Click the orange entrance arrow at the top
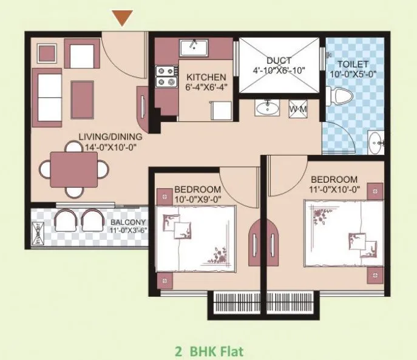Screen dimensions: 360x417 pyautogui.click(x=123, y=18)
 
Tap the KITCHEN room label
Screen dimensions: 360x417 pyautogui.click(x=206, y=78)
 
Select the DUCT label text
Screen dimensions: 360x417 pyautogui.click(x=279, y=61)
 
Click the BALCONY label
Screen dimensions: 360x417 pyautogui.click(x=128, y=222)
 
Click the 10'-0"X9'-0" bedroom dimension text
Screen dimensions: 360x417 pyautogui.click(x=197, y=199)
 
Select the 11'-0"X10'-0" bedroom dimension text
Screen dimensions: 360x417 pyautogui.click(x=334, y=189)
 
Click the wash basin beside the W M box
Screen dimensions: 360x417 pyautogui.click(x=265, y=108)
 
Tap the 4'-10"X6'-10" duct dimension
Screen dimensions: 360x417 pyautogui.click(x=279, y=70)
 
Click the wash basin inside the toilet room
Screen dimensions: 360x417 pyautogui.click(x=376, y=141)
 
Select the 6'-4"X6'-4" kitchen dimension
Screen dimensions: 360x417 pyautogui.click(x=206, y=87)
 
